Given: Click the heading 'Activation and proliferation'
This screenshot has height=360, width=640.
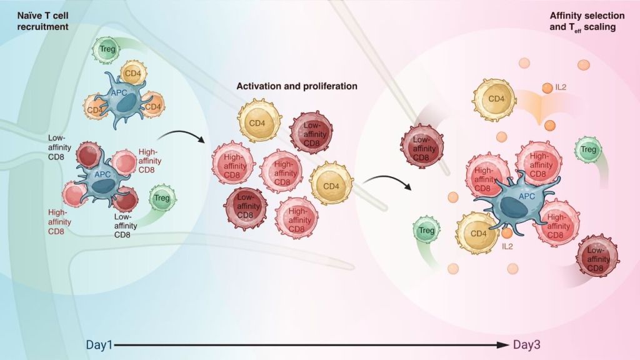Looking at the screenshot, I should pyautogui.click(x=297, y=86).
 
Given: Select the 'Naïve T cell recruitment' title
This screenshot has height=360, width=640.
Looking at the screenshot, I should pyautogui.click(x=34, y=21).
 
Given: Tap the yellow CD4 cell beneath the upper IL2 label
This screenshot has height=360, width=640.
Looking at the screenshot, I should pyautogui.click(x=495, y=99).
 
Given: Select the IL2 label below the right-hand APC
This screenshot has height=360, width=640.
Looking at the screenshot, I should pyautogui.click(x=508, y=246).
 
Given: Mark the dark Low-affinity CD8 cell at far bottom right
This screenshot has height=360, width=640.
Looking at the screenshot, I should pyautogui.click(x=597, y=256).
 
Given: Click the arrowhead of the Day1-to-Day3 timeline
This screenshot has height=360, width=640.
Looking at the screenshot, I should pyautogui.click(x=507, y=345).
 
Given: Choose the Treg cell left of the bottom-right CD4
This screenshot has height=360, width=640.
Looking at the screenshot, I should pyautogui.click(x=426, y=231).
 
